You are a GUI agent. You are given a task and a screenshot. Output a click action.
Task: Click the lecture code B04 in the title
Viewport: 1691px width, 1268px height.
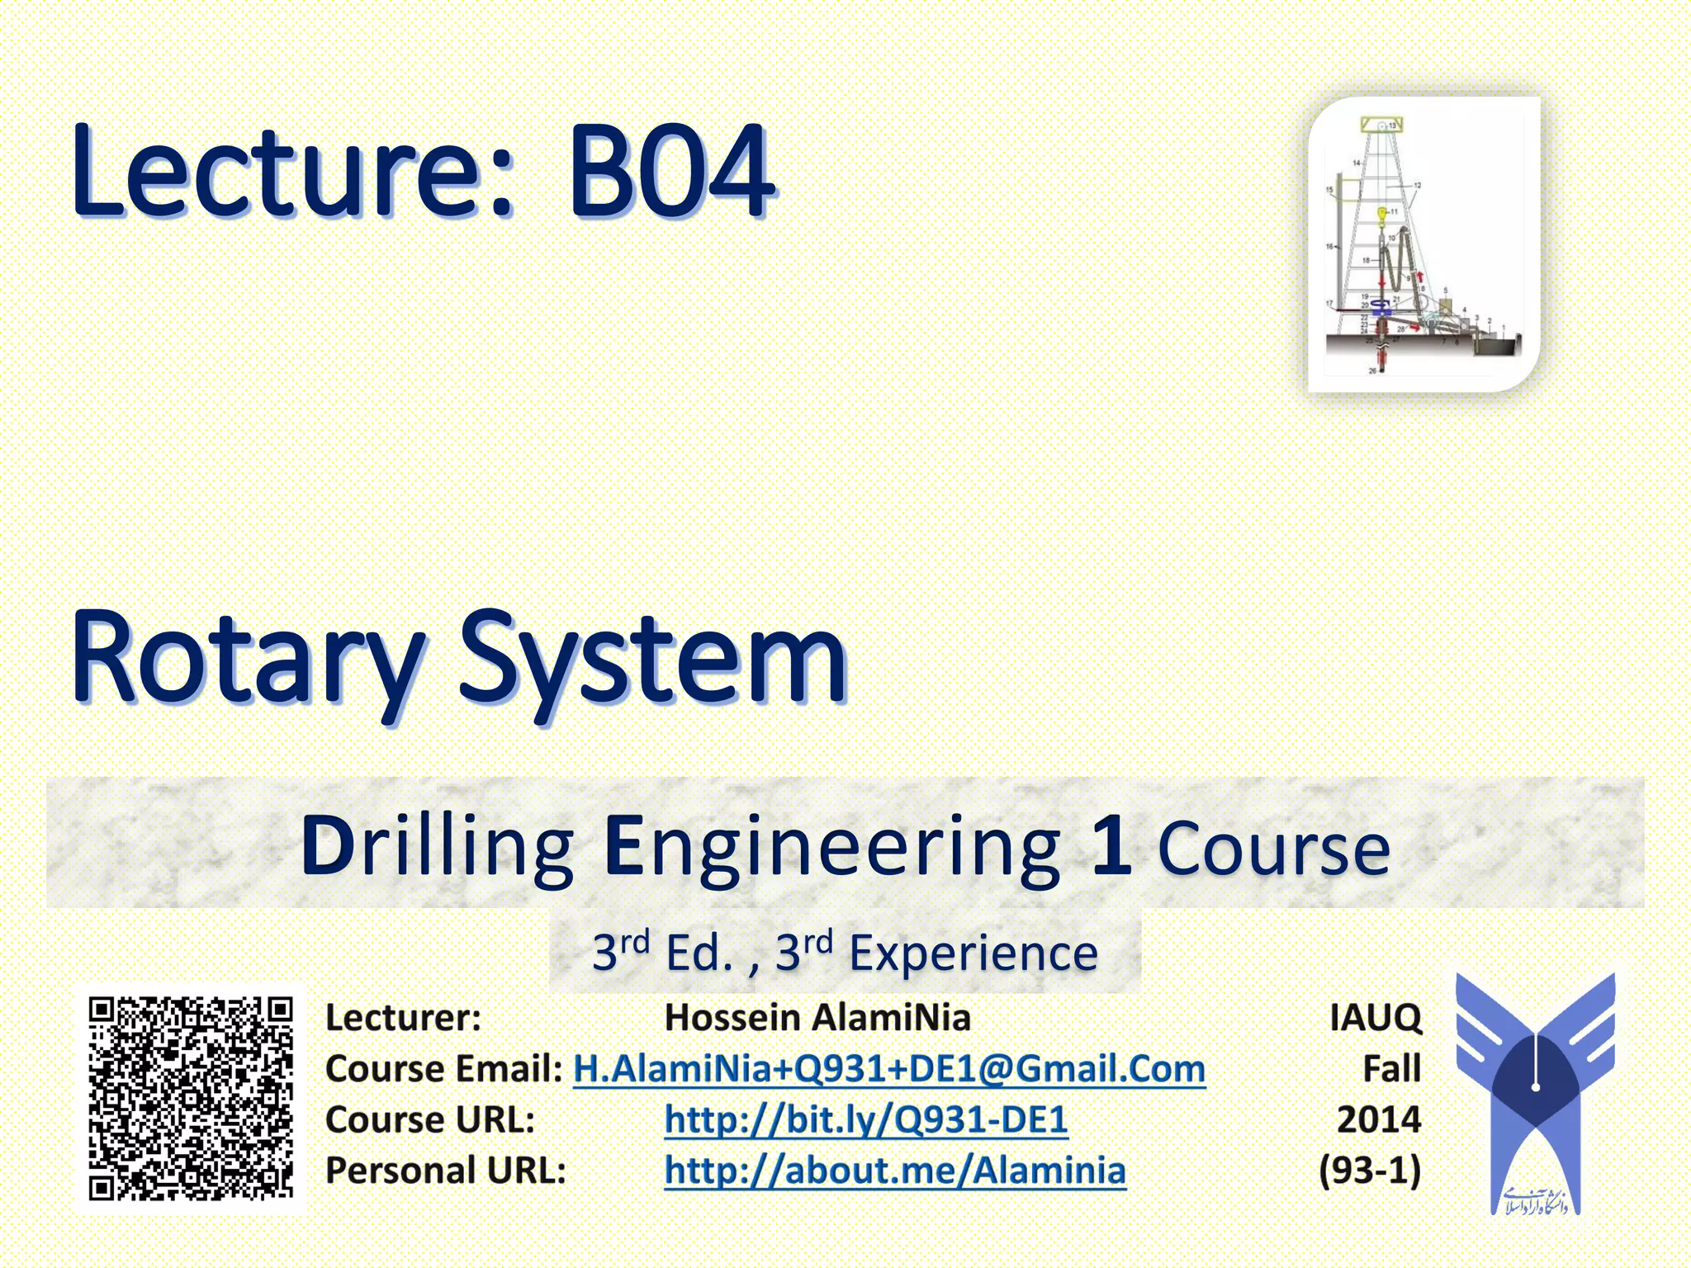tap(670, 171)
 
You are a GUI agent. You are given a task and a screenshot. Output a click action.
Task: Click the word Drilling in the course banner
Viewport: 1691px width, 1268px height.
tap(437, 845)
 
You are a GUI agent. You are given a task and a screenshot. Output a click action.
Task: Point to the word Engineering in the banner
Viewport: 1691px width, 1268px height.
tap(832, 847)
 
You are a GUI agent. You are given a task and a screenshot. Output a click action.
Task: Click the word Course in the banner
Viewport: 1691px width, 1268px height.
tap(1274, 847)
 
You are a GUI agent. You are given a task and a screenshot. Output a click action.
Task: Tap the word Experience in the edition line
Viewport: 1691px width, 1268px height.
tap(973, 953)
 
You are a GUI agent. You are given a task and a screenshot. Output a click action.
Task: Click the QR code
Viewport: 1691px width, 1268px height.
tap(191, 1098)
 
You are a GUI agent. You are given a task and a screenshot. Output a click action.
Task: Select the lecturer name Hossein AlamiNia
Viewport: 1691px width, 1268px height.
tap(817, 1017)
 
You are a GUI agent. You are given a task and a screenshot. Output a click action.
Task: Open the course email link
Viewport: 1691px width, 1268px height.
tap(889, 1068)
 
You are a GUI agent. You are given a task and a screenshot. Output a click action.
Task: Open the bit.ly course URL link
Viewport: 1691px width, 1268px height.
tap(866, 1119)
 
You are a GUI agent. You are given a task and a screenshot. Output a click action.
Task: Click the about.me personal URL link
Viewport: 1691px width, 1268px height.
tap(895, 1171)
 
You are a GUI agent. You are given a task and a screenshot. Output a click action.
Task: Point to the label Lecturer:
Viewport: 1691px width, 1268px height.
tap(403, 1017)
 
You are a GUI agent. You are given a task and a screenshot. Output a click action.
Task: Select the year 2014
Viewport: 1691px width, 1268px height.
tap(1379, 1119)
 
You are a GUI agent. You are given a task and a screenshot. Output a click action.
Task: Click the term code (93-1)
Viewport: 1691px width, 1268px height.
tap(1370, 1171)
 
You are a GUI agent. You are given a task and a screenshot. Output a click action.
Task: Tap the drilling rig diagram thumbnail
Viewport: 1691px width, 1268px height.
tap(1423, 244)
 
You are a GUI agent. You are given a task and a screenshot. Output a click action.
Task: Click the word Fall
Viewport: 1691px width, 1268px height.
tap(1391, 1068)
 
